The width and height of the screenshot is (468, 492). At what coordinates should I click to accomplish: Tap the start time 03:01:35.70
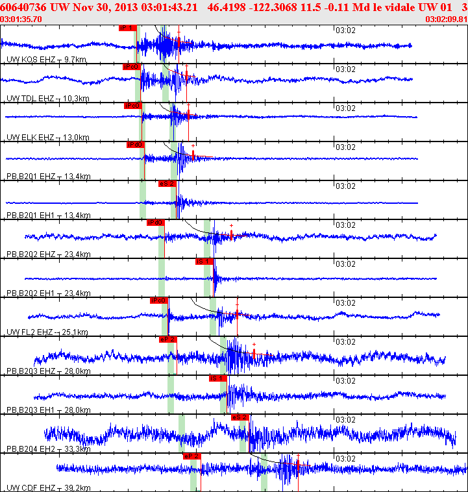[22, 19]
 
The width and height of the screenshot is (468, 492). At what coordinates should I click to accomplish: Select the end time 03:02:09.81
[446, 19]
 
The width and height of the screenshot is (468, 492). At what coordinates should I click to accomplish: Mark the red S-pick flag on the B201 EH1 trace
[167, 184]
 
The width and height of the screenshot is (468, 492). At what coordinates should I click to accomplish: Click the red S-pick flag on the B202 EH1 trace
[204, 262]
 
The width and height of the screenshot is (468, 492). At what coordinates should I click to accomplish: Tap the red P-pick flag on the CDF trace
[192, 456]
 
